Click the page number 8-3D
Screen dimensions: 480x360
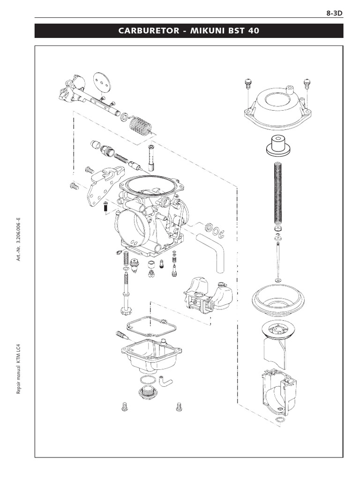coord(335,14)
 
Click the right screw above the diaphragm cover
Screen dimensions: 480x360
coord(307,84)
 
